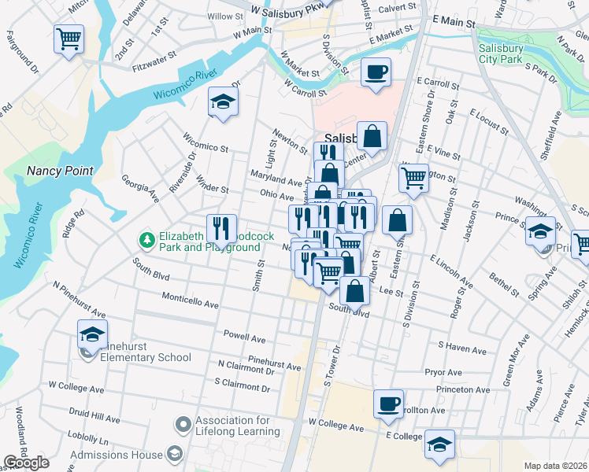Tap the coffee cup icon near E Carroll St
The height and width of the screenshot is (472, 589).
click(376, 72)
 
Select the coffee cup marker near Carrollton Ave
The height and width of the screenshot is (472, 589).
click(388, 404)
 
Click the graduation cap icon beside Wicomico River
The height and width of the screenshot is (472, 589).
click(224, 101)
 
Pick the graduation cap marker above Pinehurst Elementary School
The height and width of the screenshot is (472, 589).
click(92, 335)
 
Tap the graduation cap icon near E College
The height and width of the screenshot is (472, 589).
click(439, 444)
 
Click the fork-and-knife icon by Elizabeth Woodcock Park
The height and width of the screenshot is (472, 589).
click(221, 229)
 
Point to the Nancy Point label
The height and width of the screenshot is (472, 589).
click(60, 171)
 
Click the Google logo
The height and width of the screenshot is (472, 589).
click(26, 462)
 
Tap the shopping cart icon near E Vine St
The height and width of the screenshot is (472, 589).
click(413, 179)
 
